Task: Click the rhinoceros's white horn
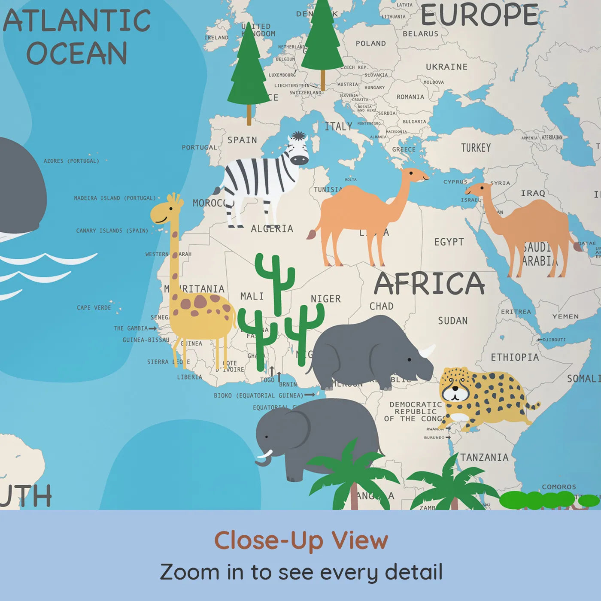click(x=427, y=351)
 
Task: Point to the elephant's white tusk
click(x=264, y=455)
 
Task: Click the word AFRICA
click(x=429, y=284)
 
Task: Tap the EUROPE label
click(x=480, y=15)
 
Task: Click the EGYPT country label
click(x=449, y=242)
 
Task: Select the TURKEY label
click(x=476, y=148)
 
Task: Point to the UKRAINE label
click(x=446, y=67)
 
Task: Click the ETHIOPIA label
click(x=515, y=357)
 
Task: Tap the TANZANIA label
click(x=484, y=458)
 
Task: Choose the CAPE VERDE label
click(x=94, y=308)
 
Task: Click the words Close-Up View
click(x=301, y=540)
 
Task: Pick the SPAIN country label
click(x=242, y=140)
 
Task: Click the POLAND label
click(x=370, y=43)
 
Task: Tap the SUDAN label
click(x=452, y=321)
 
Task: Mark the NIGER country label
click(x=325, y=299)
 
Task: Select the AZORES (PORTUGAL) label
click(x=71, y=161)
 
